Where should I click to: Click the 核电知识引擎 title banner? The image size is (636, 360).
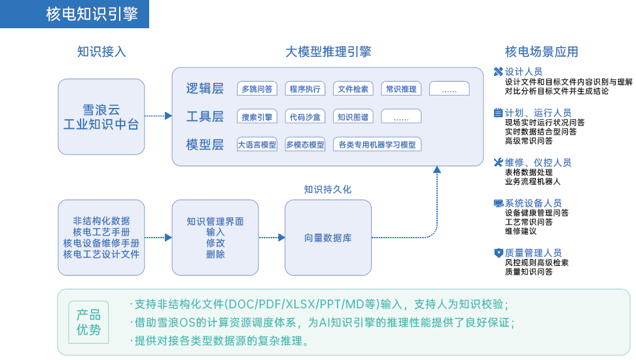(x=75, y=14)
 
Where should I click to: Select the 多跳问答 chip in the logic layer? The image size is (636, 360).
(x=257, y=89)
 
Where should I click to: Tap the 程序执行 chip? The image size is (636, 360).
(x=305, y=89)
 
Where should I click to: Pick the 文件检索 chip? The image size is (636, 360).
(x=353, y=89)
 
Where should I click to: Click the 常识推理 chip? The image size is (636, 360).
(x=401, y=89)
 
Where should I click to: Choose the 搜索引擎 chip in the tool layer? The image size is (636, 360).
(x=257, y=117)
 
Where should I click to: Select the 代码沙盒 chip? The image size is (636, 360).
(x=305, y=117)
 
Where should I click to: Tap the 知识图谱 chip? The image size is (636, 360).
(x=353, y=117)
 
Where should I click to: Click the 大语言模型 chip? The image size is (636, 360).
(x=257, y=145)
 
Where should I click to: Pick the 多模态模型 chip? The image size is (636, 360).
(x=305, y=145)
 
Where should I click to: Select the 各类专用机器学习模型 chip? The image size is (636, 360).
(x=378, y=145)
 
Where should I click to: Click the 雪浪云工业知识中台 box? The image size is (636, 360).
(x=101, y=117)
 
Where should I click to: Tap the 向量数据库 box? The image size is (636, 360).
(x=328, y=238)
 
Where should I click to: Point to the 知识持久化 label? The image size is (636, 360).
(x=328, y=190)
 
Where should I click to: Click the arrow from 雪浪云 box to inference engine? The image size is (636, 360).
(x=158, y=116)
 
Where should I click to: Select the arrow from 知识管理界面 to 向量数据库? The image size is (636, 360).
(x=272, y=238)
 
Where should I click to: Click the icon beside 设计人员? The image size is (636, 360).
(x=499, y=72)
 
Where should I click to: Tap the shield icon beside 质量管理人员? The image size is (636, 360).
(x=499, y=253)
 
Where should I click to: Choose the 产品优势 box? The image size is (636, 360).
(x=89, y=322)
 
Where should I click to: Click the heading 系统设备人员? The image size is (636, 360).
(x=533, y=203)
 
